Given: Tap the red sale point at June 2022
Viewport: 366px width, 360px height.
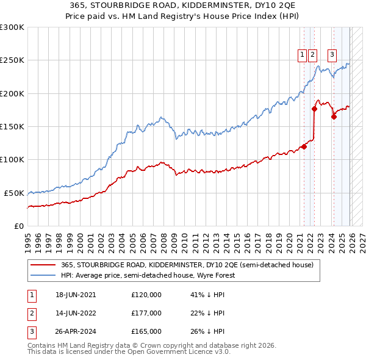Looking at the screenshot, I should click(x=314, y=109).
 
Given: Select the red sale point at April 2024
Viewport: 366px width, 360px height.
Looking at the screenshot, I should click(x=334, y=117).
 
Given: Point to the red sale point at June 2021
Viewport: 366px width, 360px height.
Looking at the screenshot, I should click(x=304, y=146).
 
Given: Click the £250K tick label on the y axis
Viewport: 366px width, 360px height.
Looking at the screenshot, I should click(x=12, y=60).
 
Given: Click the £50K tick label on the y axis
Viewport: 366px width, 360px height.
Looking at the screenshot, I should click(x=13, y=193).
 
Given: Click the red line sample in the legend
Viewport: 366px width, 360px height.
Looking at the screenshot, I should click(x=43, y=265).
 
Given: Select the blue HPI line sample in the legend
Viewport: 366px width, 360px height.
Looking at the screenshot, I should click(x=43, y=275).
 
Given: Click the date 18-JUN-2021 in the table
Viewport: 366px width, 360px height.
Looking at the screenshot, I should click(x=76, y=294).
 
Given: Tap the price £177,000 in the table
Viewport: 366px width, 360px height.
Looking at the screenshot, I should click(x=146, y=313).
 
